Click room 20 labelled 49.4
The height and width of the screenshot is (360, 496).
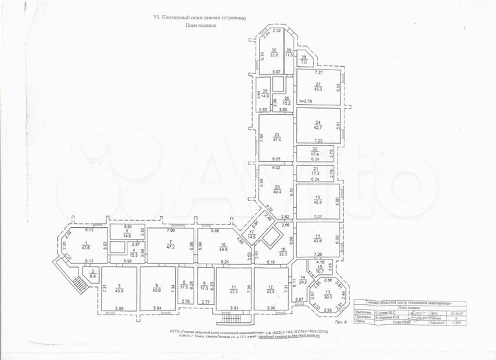[276, 189]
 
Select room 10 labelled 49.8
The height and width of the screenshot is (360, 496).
[224, 247]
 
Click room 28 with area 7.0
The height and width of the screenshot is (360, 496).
[304, 61]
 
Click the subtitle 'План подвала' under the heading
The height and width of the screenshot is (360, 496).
[200, 25]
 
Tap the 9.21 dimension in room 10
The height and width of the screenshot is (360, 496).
[225, 262]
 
